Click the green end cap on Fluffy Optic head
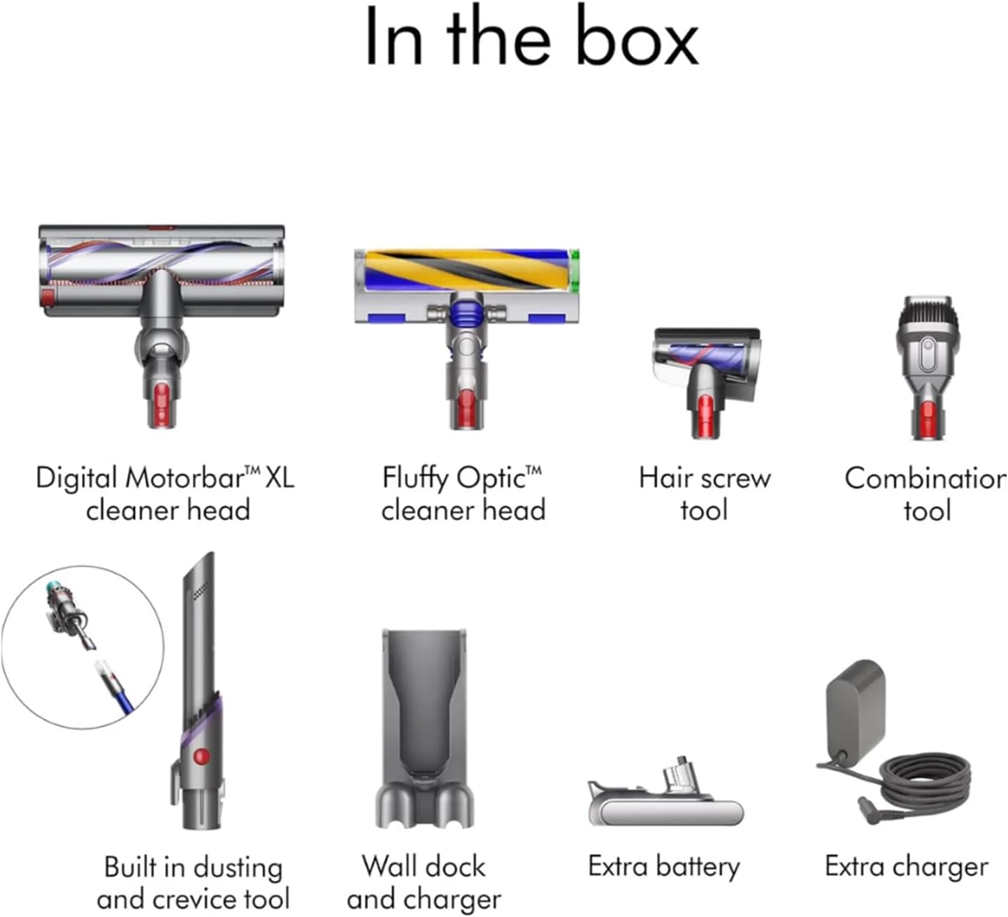(x=575, y=271)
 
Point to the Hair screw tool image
(x=706, y=370)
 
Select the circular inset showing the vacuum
(x=82, y=647)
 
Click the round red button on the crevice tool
(x=201, y=756)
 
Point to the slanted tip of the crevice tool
(x=202, y=573)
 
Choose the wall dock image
(x=425, y=727)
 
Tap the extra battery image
(x=665, y=797)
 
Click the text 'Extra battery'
(x=664, y=866)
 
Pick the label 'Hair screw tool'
(x=705, y=493)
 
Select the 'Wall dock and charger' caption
(x=424, y=882)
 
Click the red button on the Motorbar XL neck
(x=161, y=404)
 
